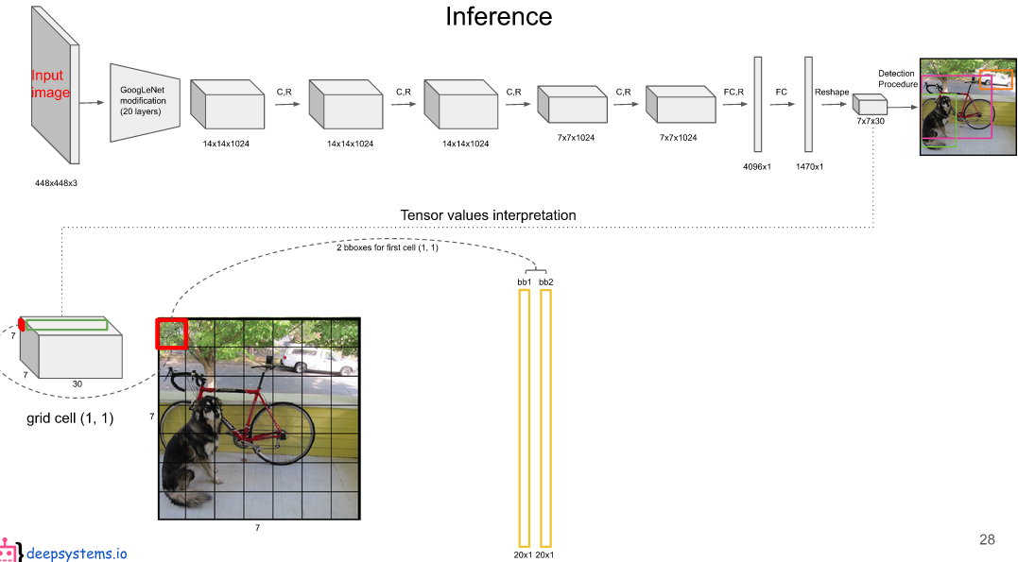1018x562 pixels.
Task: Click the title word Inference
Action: pos(499,16)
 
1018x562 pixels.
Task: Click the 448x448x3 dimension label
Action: pos(56,183)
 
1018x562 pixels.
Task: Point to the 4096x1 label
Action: pos(758,166)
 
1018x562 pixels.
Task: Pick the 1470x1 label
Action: pos(808,166)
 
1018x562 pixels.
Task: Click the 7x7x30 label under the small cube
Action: pos(870,122)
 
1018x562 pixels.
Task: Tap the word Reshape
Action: pos(833,92)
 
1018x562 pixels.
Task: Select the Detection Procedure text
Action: pos(896,78)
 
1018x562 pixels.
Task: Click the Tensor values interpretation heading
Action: pos(488,215)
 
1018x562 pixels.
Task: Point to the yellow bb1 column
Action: pos(524,417)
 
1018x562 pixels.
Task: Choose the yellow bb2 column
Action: pos(545,417)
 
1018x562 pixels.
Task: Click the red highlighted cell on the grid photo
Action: pos(172,333)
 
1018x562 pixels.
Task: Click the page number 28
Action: pos(987,539)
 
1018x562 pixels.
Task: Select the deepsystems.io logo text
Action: pos(77,553)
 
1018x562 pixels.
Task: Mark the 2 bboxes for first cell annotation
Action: pos(388,247)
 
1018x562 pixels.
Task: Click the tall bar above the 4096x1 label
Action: pos(758,104)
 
